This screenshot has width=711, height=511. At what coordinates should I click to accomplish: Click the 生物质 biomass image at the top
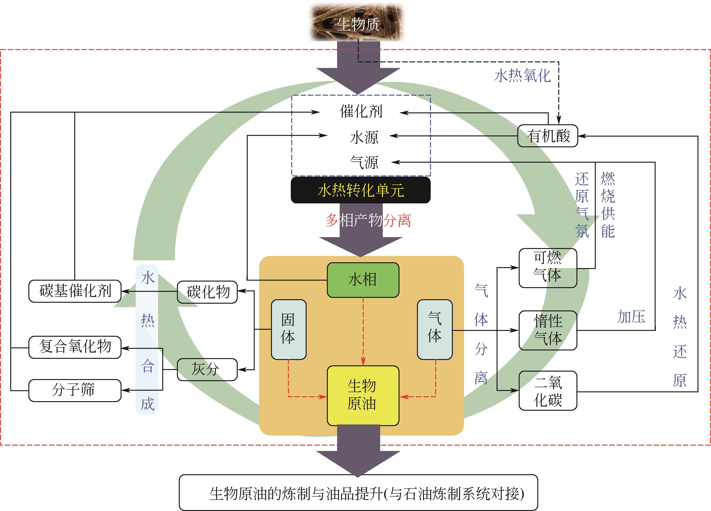(x=357, y=23)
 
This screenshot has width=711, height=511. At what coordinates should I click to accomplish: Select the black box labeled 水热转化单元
(x=361, y=190)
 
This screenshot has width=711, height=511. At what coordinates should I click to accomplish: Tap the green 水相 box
(x=363, y=280)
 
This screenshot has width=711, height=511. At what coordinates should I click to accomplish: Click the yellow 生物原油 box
(x=363, y=395)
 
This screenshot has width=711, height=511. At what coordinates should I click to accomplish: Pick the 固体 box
(x=288, y=329)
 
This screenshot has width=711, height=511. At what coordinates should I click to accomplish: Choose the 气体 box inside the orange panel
(x=434, y=329)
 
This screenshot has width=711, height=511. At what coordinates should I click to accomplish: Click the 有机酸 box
(x=547, y=136)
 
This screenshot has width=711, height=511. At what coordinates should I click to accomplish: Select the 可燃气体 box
(x=548, y=268)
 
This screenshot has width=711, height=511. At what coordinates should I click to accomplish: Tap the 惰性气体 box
(x=548, y=330)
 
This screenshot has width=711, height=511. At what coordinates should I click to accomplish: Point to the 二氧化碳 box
(x=548, y=391)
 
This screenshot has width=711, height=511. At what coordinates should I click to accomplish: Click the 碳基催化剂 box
(x=75, y=291)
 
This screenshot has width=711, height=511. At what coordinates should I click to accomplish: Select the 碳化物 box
(x=207, y=292)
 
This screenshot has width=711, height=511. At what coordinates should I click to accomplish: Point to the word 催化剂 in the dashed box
(x=361, y=111)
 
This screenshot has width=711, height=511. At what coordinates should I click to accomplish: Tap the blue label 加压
(x=631, y=317)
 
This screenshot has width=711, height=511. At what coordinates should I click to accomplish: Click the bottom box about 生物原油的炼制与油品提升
(x=358, y=493)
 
